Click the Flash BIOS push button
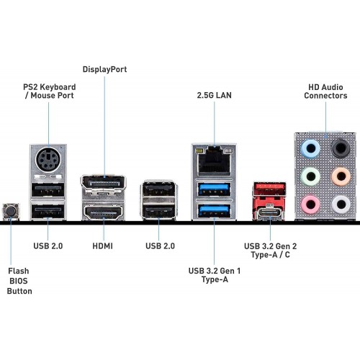coord(10,211)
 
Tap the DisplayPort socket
coord(102,185)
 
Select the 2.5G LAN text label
coord(214,95)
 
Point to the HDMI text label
coord(102,246)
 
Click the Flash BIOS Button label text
coord(19,282)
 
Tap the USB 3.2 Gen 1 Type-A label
coord(214,274)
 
